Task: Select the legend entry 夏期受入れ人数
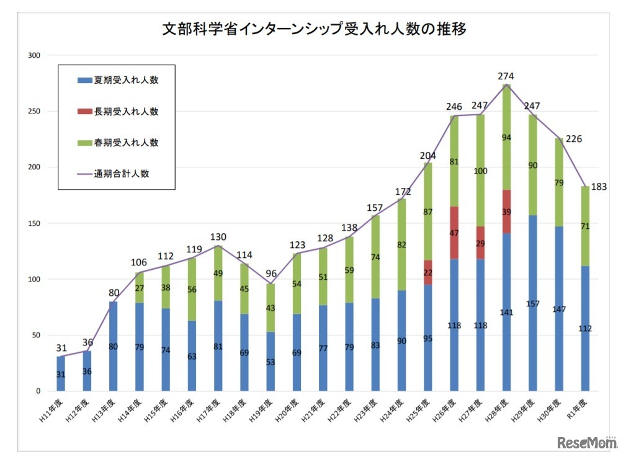pyautogui.click(x=118, y=81)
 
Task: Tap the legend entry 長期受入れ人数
pyautogui.click(x=118, y=112)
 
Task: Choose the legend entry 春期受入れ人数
pyautogui.click(x=118, y=143)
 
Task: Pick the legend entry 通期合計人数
pyautogui.click(x=118, y=174)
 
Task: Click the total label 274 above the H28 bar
pyautogui.click(x=506, y=76)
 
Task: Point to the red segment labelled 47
pyautogui.click(x=454, y=233)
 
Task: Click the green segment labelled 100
pyautogui.click(x=480, y=171)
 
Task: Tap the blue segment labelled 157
pyautogui.click(x=532, y=303)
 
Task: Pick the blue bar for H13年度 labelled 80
pyautogui.click(x=114, y=346)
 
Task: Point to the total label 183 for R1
pyautogui.click(x=597, y=187)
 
